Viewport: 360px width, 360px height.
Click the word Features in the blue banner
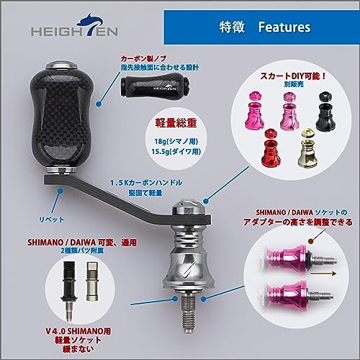pos(284,27)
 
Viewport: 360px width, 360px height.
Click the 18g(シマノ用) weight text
pos(176,141)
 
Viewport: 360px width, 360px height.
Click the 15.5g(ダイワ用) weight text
pos(176,152)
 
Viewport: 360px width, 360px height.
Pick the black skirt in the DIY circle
pos(325,112)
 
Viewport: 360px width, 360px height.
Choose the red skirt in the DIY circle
pos(271,149)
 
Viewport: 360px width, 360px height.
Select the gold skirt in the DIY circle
pos(307,148)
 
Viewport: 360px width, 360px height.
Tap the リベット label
pos(51,220)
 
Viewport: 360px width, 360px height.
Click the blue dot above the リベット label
pos(60,191)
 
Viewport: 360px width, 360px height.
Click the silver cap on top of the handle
pos(189,207)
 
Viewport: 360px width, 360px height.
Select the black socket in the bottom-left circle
pos(69,290)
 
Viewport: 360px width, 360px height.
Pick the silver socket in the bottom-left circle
pos(92,281)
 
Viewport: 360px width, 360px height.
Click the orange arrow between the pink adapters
pos(323,274)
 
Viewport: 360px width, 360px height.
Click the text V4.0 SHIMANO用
pos(78,331)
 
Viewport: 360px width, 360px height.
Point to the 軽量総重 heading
pos(176,123)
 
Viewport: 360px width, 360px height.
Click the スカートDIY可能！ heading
pos(293,76)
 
